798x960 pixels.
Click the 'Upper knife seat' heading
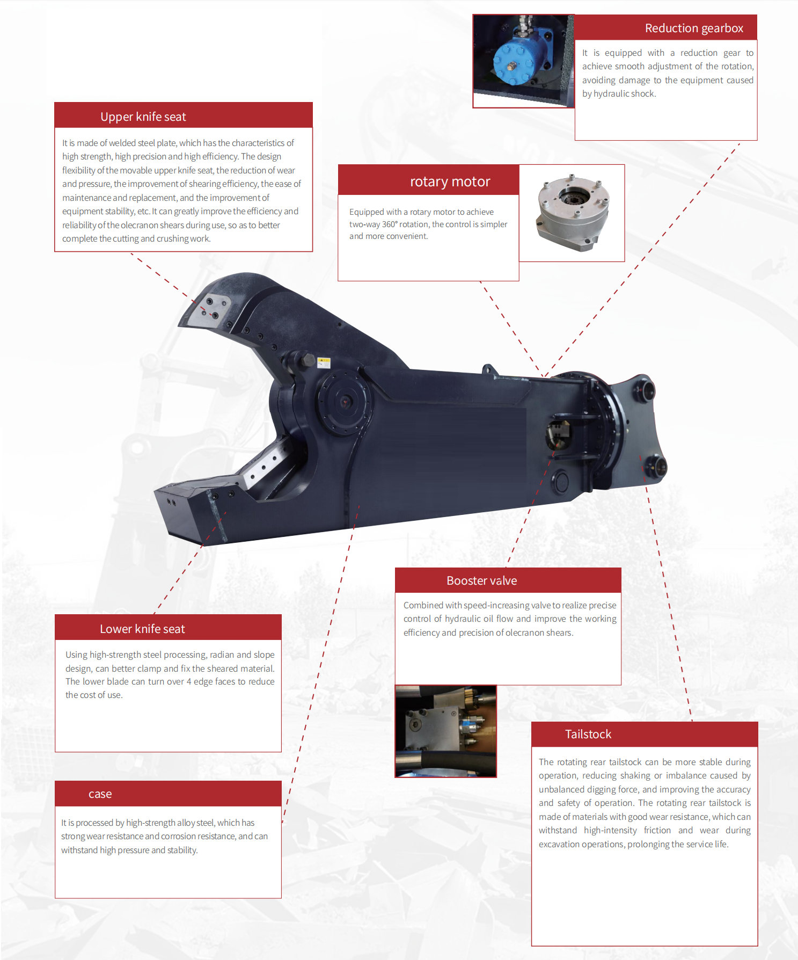click(143, 117)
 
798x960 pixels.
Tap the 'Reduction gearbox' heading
click(694, 28)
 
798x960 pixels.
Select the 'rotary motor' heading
click(450, 181)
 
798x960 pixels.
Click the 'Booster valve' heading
click(481, 580)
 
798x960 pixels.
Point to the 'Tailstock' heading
click(588, 734)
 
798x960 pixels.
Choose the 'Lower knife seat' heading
click(142, 629)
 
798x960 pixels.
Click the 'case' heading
click(100, 794)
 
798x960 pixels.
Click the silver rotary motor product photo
click(573, 213)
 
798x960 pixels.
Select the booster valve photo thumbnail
click(445, 731)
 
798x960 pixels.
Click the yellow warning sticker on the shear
click(324, 362)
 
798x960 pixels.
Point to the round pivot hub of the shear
click(344, 401)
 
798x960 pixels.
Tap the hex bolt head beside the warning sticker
click(308, 360)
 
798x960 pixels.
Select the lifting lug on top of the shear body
click(489, 369)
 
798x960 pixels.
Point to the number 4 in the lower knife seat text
click(189, 681)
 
